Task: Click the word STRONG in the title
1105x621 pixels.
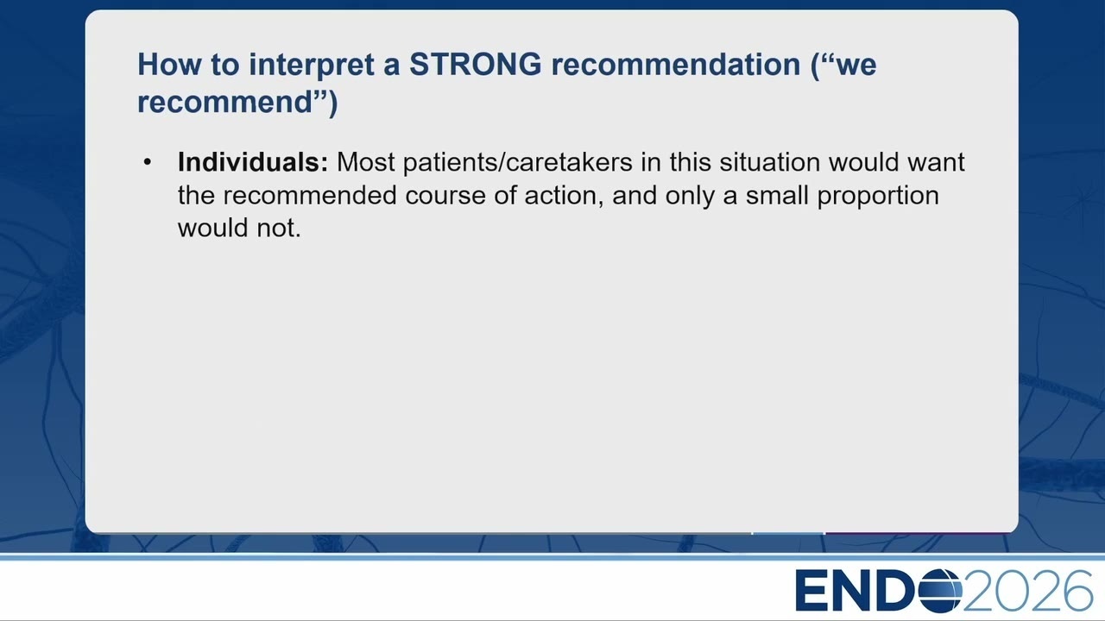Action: (x=475, y=65)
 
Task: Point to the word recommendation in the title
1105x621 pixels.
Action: (x=675, y=65)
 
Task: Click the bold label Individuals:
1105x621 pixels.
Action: (x=253, y=162)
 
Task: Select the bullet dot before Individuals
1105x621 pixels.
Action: (x=147, y=162)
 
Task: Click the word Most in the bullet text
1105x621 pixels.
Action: (x=365, y=162)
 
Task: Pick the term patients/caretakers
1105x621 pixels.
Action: (x=517, y=163)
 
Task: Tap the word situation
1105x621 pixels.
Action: (x=769, y=162)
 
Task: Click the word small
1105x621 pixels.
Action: (x=776, y=195)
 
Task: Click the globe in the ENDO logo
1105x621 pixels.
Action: (x=940, y=591)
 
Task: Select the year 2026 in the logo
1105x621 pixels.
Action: (x=1027, y=591)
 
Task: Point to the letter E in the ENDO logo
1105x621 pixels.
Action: (x=811, y=591)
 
